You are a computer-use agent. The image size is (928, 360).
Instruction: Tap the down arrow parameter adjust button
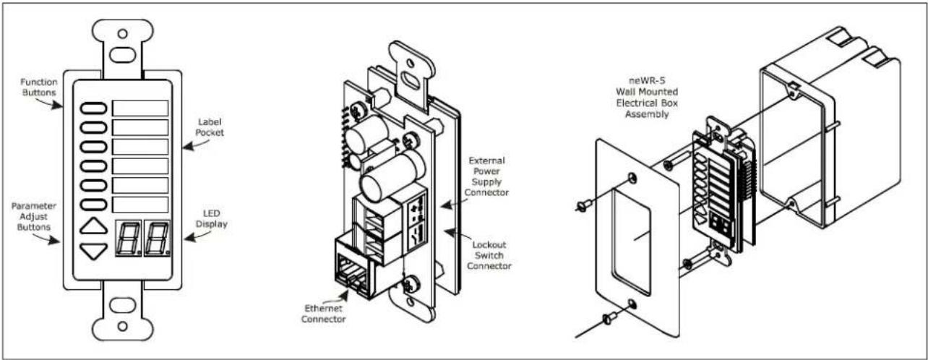tap(94, 251)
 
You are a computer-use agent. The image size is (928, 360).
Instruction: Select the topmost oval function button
tap(94, 108)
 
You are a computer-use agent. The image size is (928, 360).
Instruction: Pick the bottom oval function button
tap(94, 205)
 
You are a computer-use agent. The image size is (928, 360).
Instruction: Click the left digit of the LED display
tap(128, 238)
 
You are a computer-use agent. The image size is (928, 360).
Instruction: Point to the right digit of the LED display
tap(157, 238)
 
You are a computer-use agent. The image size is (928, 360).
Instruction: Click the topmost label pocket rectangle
tap(140, 108)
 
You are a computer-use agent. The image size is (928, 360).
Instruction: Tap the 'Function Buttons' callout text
tap(39, 87)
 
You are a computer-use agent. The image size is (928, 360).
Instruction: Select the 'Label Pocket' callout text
tap(210, 127)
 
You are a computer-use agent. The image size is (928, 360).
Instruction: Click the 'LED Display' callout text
tap(211, 219)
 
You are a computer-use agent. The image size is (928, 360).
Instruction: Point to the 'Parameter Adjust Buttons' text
tap(33, 216)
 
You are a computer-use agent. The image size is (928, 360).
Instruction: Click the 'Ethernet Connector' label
tap(324, 314)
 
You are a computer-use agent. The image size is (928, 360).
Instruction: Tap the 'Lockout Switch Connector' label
tap(489, 255)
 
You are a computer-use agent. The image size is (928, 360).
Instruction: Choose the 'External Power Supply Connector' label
tap(486, 176)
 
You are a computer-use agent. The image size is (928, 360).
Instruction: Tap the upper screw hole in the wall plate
tap(632, 178)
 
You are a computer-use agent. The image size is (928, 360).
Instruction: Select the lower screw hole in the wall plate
tap(632, 304)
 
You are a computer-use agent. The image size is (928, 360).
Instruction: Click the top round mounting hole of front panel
tap(122, 33)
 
